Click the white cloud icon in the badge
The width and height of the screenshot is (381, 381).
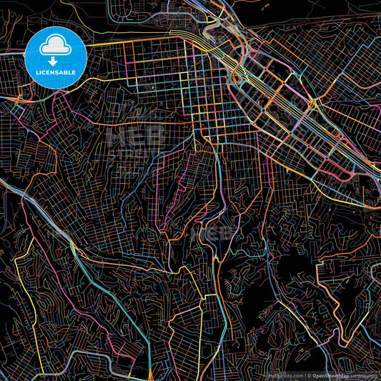click(56, 46)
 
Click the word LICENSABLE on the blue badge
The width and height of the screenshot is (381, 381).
click(56, 72)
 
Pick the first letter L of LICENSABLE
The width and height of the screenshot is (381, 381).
click(36, 72)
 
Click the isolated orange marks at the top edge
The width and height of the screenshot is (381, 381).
click(264, 7)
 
